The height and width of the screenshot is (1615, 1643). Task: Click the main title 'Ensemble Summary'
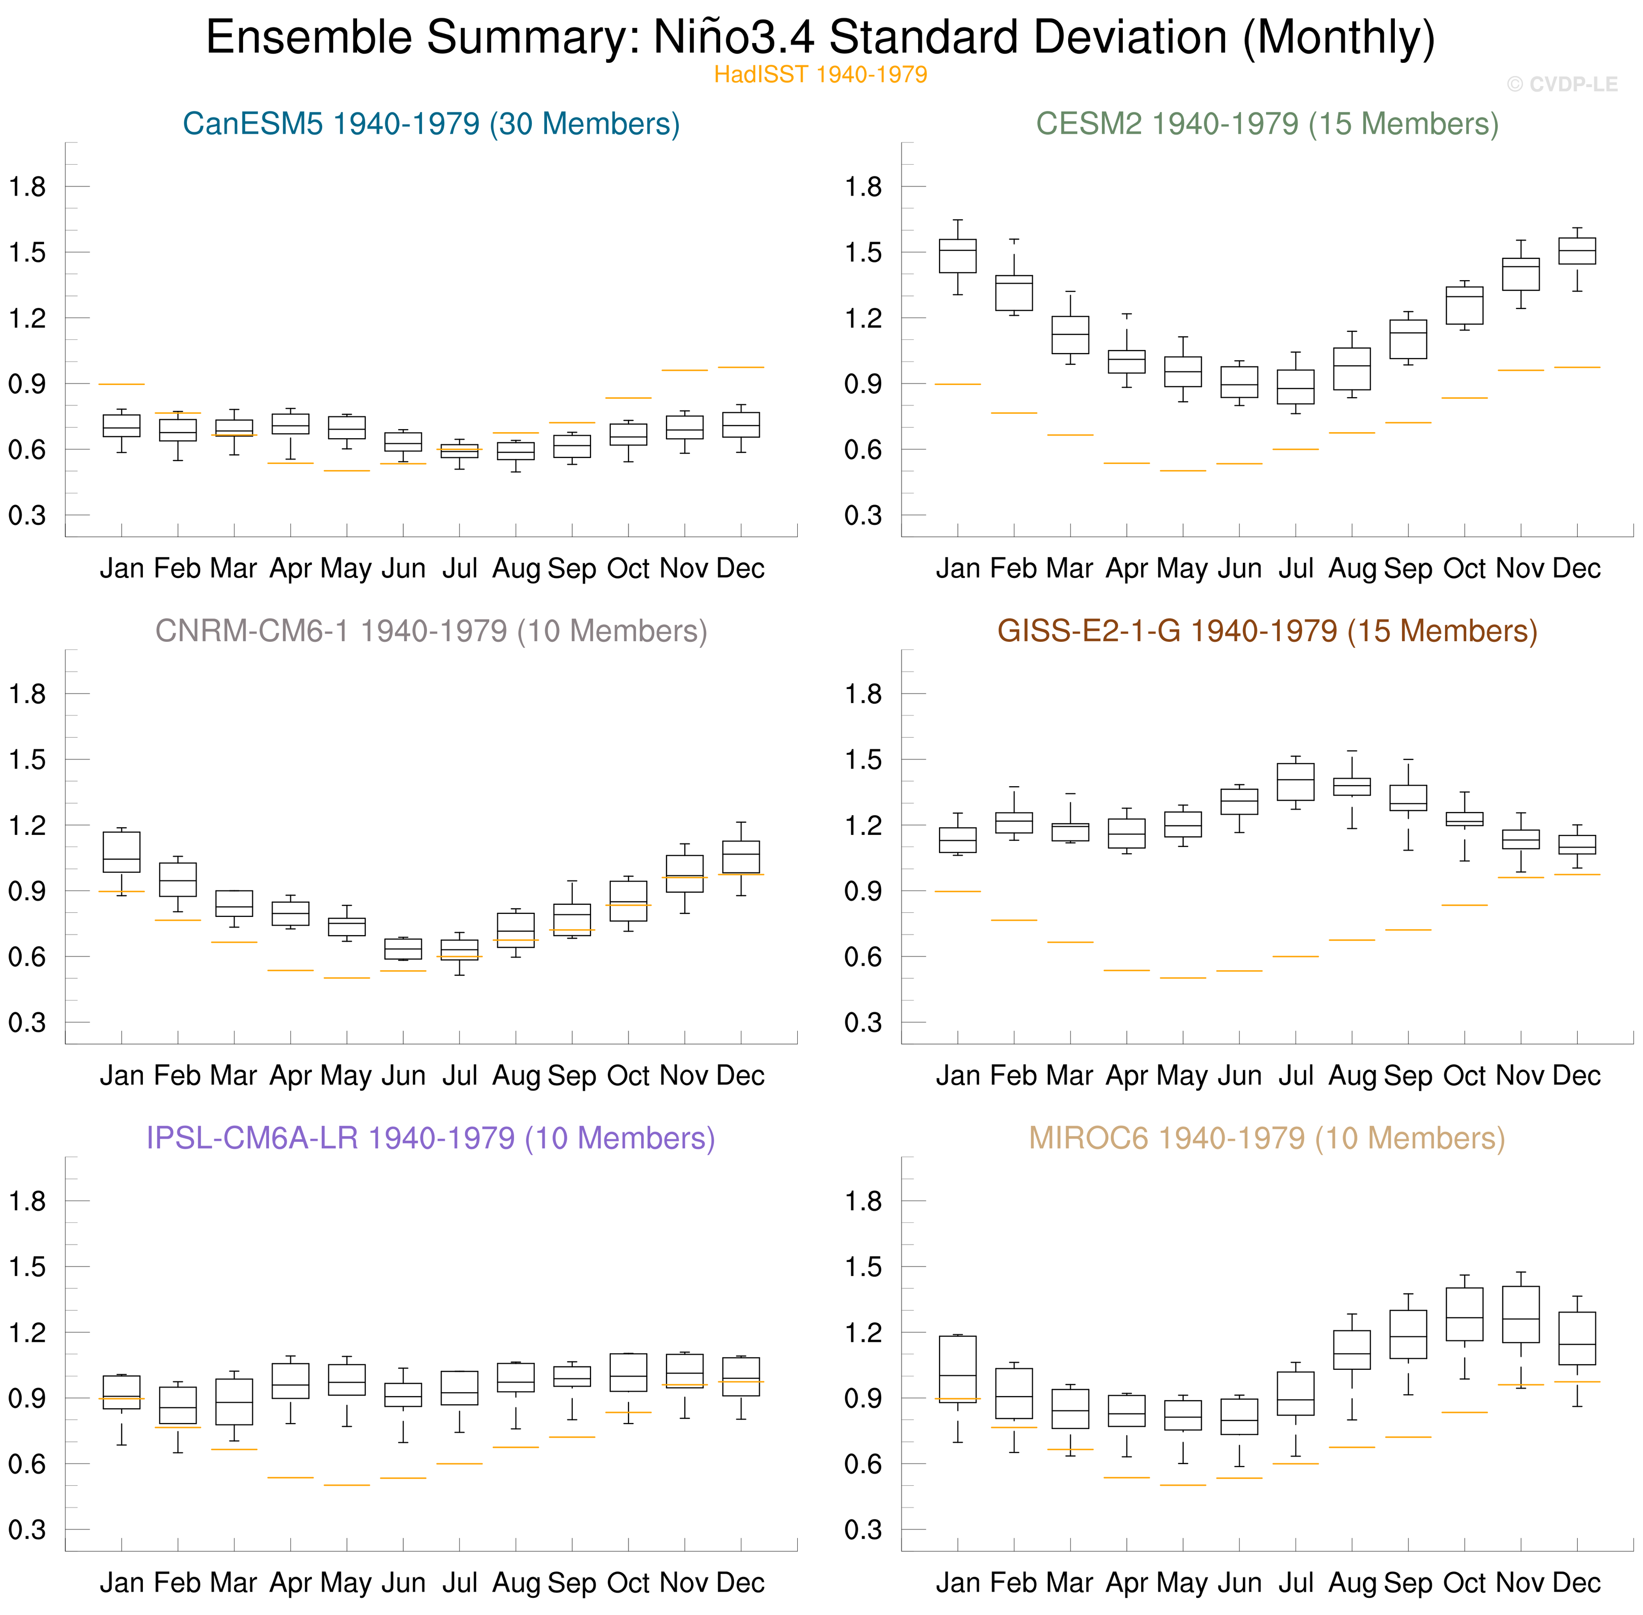[819, 37]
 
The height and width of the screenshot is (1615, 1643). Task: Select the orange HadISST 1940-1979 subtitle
[819, 74]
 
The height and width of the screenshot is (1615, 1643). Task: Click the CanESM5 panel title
[431, 124]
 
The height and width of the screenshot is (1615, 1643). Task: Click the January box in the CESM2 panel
[958, 255]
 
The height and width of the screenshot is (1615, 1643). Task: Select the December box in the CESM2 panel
[1577, 251]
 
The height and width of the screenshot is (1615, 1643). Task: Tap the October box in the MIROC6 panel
[1464, 1314]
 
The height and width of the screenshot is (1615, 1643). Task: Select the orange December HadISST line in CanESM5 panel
[740, 367]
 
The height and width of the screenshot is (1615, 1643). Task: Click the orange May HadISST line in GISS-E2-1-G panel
[1183, 978]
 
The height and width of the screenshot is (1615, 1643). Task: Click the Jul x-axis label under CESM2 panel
[1295, 568]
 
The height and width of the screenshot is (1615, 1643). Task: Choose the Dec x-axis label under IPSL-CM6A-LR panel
[740, 1583]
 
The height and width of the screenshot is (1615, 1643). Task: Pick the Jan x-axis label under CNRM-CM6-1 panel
[121, 1075]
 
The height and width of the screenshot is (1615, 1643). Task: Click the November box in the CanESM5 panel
[685, 427]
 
